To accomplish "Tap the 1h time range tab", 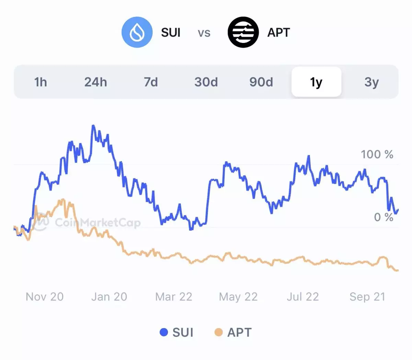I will click(41, 82).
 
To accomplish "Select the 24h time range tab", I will click(95, 82).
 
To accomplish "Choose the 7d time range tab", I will click(151, 82).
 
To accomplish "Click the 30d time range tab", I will click(206, 82).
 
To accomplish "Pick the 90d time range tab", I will click(261, 82).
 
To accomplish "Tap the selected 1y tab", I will click(316, 82).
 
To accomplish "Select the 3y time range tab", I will click(371, 82).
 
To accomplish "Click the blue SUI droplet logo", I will click(137, 32).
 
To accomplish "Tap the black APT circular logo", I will click(243, 32).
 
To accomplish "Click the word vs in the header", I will click(204, 33).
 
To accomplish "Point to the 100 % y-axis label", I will click(377, 155).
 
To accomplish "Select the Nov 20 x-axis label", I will click(45, 297).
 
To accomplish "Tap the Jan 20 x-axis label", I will click(109, 297).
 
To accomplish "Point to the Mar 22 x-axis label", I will click(174, 297).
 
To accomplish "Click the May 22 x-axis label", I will click(238, 297).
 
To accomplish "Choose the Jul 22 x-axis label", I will click(303, 297).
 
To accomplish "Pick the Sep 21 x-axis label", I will click(367, 297).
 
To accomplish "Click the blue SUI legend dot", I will click(164, 332).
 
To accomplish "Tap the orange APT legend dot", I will click(218, 332).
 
